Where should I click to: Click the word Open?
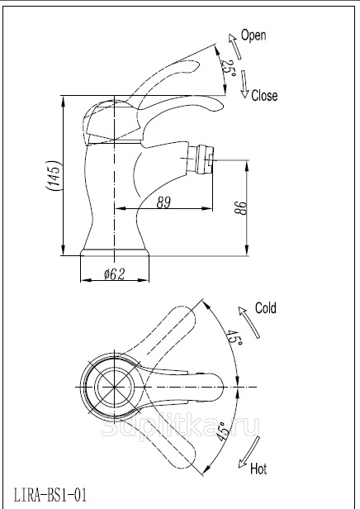[253, 35]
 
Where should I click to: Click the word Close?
[264, 96]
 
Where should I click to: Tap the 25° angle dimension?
[229, 68]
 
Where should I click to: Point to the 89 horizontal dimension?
[163, 202]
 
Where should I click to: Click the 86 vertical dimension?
[240, 207]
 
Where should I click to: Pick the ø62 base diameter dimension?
[114, 274]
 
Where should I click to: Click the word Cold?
[266, 307]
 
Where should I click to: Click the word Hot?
[258, 469]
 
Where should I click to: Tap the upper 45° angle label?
[234, 338]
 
